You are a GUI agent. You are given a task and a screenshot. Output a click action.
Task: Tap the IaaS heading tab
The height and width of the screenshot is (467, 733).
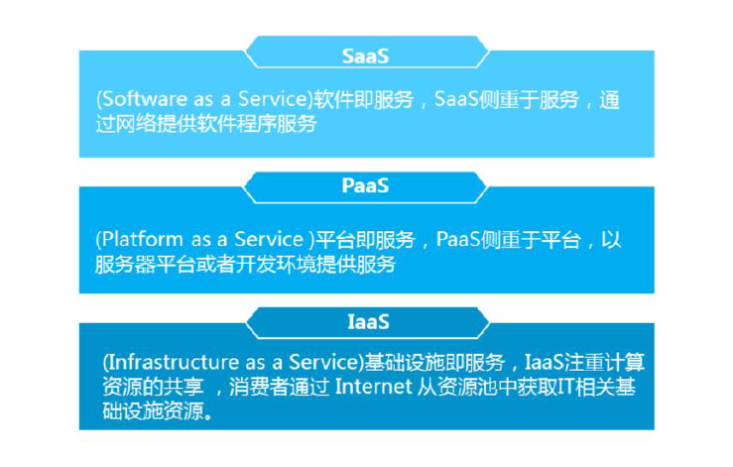click(x=366, y=321)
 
